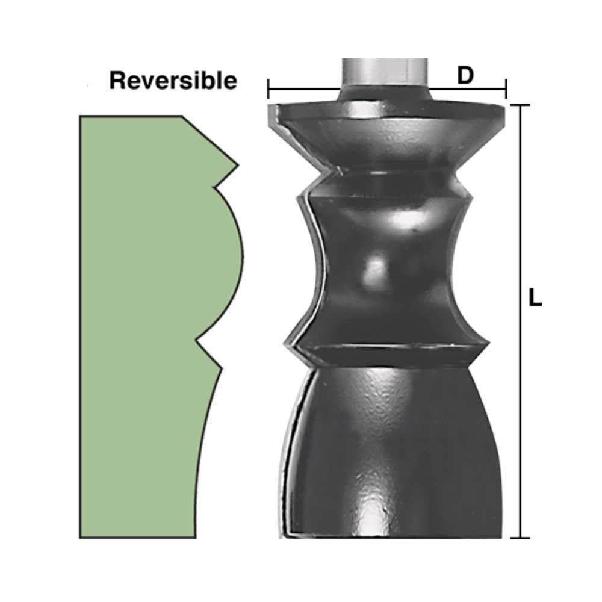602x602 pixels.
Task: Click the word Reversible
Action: tap(173, 81)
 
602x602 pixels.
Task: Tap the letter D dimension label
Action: tap(465, 76)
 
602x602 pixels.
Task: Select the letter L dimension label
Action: tap(535, 297)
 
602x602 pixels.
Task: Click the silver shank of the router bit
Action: tap(385, 73)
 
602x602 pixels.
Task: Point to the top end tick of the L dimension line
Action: tap(521, 105)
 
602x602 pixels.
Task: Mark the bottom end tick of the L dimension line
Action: tap(521, 538)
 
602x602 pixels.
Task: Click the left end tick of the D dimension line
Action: tap(268, 89)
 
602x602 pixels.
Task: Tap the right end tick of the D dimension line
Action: tap(506, 89)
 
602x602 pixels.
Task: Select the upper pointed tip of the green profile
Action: tap(238, 166)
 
